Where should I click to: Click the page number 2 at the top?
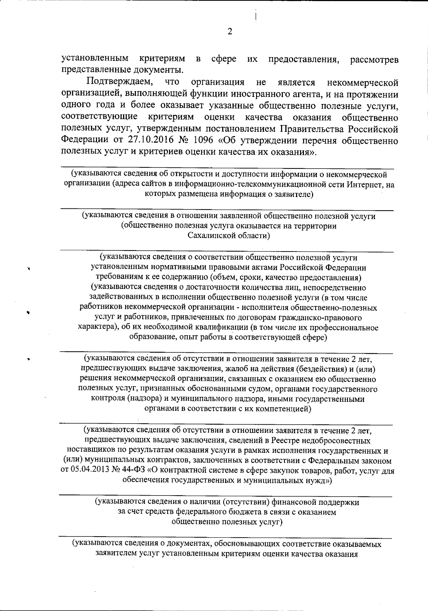(x=230, y=32)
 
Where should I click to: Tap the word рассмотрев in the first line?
(x=374, y=60)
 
